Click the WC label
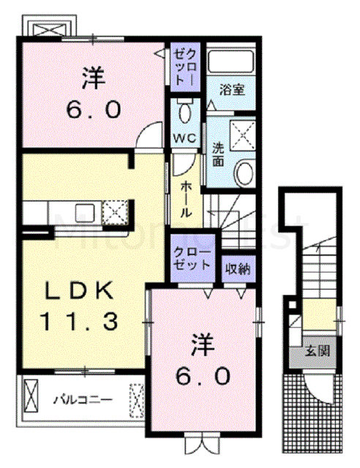pos(185,138)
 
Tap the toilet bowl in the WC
pos(185,112)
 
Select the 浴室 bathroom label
pos(232,89)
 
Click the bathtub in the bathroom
pos(230,61)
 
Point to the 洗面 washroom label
pos(218,154)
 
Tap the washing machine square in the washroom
pos(243,135)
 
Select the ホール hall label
pos(186,199)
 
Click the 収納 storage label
pos(238,269)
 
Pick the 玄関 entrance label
pos(318,352)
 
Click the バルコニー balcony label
pos(83,399)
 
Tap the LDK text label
pos(79,290)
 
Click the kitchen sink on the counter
pos(85,213)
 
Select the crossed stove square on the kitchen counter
pos(116,212)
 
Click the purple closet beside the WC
pos(185,67)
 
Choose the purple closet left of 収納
pos(192,258)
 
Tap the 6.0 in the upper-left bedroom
pos(94,110)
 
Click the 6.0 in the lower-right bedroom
pos(203,376)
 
